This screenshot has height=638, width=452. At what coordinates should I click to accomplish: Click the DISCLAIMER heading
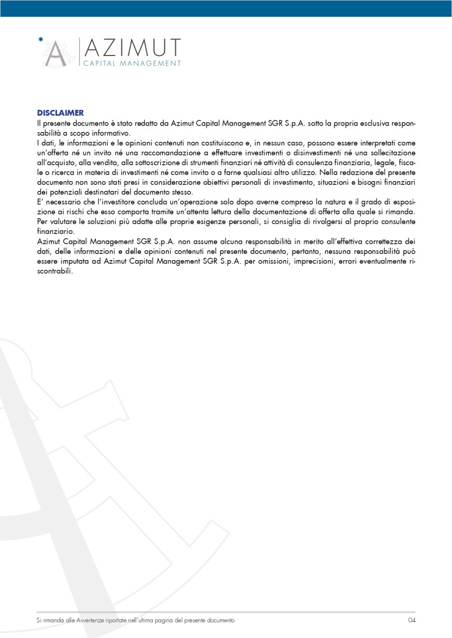pos(60,113)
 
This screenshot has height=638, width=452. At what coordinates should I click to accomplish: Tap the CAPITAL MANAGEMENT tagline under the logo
pos(132,63)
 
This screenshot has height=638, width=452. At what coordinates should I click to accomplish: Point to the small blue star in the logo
pos(41,39)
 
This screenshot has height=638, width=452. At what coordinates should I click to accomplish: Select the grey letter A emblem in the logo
pos(57,53)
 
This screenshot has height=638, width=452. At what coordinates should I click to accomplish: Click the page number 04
pos(411,620)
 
